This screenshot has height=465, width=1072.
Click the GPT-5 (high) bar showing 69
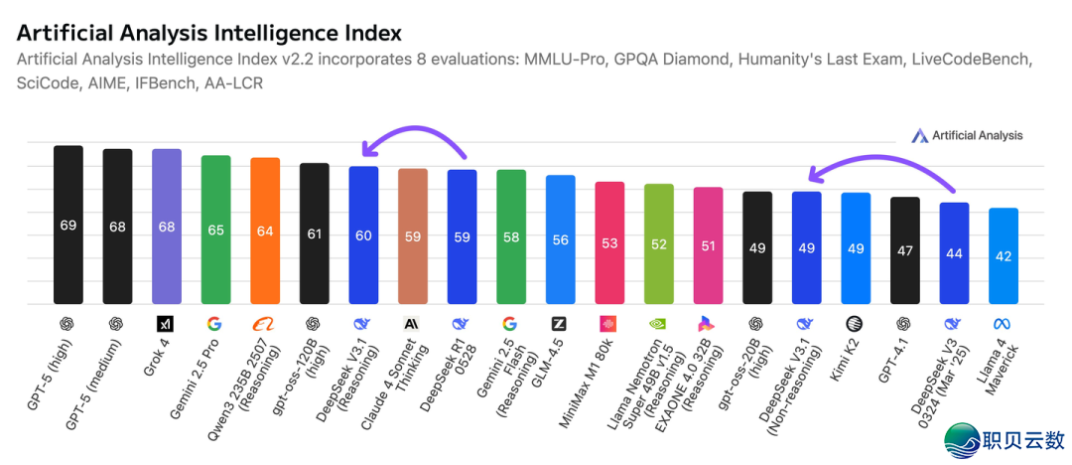tap(68, 225)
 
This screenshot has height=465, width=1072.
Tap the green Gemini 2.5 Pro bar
tap(215, 230)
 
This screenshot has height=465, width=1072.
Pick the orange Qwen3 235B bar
tap(265, 231)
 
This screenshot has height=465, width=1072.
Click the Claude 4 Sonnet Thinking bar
tap(413, 236)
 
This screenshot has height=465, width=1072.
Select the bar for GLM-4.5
tap(560, 239)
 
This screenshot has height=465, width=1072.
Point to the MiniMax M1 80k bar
tap(609, 242)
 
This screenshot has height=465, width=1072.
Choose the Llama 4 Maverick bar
tap(1004, 255)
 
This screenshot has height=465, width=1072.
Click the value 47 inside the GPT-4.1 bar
tap(904, 251)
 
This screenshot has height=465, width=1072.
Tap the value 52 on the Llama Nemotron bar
tap(658, 244)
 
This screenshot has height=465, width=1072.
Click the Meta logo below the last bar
tap(1004, 323)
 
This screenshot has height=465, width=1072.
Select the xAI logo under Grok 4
tap(167, 323)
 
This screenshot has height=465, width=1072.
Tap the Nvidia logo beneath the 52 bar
tap(658, 323)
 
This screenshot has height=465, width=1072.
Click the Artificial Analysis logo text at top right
tap(977, 135)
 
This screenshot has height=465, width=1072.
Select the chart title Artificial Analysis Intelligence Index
tap(209, 33)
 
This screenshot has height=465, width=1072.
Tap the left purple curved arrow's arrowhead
tap(366, 150)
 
